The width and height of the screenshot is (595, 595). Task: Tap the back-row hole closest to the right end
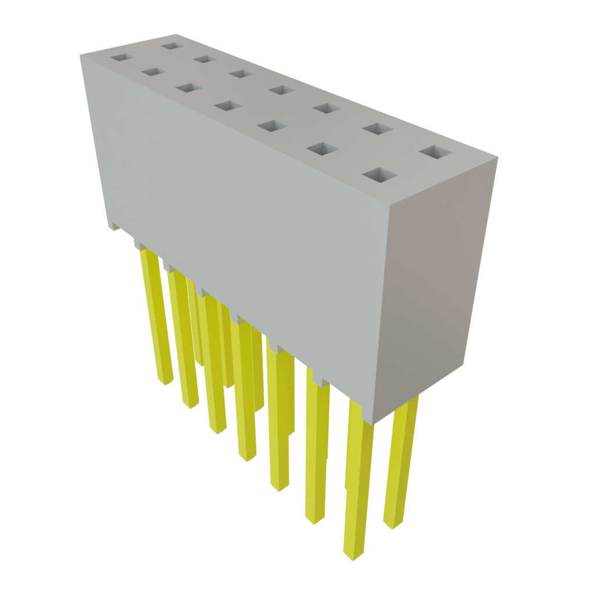pos(435,153)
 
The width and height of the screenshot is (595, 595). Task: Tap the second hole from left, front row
pos(153,71)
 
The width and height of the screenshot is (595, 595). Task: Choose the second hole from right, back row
pos(378,128)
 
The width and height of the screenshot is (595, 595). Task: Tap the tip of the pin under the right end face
pos(393,526)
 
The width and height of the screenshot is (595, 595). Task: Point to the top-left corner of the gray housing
pos(80,53)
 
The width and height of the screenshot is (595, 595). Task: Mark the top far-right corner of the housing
pos(498,156)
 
